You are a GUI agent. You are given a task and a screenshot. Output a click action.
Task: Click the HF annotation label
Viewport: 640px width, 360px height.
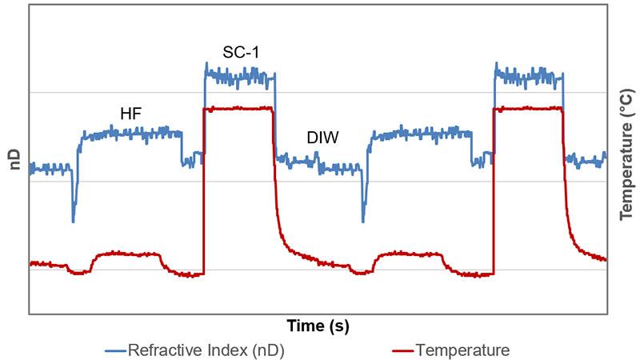[x=130, y=114]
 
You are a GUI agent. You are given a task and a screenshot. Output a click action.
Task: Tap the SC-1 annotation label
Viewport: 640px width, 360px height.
[x=240, y=54]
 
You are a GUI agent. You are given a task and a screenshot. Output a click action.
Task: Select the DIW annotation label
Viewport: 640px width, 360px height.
[x=322, y=138]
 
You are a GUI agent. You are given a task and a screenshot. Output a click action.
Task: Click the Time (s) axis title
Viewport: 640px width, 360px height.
[x=318, y=326]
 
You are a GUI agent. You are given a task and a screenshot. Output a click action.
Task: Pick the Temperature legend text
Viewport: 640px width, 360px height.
[x=462, y=350]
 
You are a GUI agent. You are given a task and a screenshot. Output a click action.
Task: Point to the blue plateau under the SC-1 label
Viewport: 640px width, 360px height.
[x=240, y=77]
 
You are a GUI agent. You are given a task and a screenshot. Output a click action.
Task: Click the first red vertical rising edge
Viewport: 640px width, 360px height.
[x=203, y=192]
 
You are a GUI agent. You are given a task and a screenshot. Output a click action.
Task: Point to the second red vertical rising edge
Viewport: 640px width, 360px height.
[x=494, y=192]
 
